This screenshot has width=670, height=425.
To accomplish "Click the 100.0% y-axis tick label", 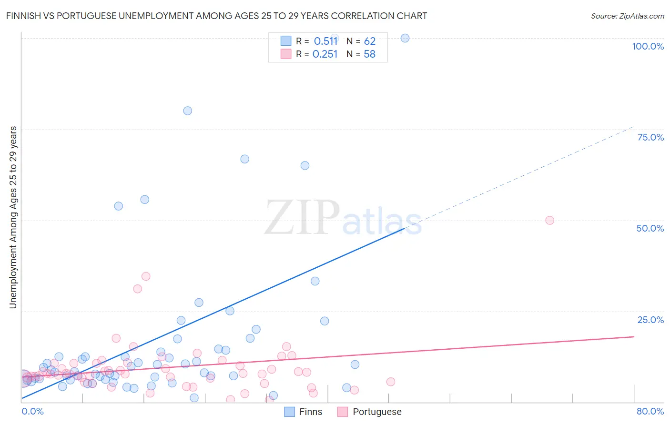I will (x=648, y=46).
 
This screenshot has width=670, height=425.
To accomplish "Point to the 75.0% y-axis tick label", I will (x=650, y=137).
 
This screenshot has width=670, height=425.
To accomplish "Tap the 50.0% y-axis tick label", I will (x=650, y=228).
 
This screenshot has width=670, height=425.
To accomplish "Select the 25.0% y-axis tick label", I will (x=650, y=320).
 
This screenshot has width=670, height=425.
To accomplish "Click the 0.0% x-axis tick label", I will (x=32, y=411).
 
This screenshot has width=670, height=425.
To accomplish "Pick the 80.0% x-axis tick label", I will (x=650, y=411).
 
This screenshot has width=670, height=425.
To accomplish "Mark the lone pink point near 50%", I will (x=549, y=220).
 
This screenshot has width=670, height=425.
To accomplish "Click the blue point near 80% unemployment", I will (x=187, y=111).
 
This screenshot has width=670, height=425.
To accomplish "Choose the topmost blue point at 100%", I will (x=405, y=38).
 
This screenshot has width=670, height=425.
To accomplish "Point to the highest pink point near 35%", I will (x=146, y=276).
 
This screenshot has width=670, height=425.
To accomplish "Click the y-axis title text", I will (x=13, y=217).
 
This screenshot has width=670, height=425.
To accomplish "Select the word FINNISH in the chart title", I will (x=22, y=16).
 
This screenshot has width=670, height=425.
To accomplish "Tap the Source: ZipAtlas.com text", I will (x=627, y=16).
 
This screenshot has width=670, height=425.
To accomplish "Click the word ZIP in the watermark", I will (x=302, y=218).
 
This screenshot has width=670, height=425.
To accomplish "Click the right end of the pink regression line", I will (x=633, y=336).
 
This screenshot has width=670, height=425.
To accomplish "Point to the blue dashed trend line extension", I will (x=524, y=176).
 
